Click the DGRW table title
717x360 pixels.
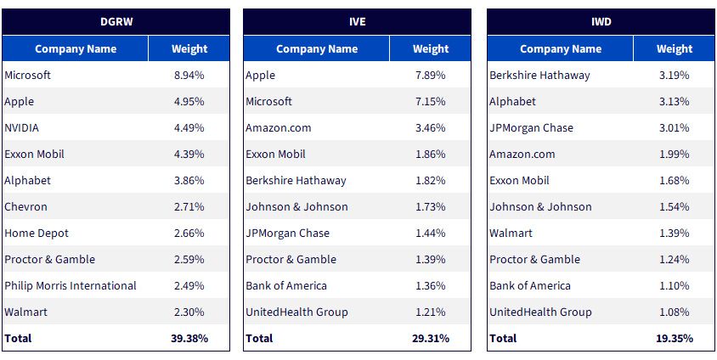pos(116,22)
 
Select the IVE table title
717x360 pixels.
pos(357,22)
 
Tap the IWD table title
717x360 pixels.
pos(601,22)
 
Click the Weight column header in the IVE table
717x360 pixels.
pos(431,49)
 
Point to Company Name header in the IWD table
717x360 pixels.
pos(561,49)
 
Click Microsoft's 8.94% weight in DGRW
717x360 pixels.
pos(189,76)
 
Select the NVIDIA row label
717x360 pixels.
pos(21,128)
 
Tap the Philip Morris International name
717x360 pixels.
pos(71,286)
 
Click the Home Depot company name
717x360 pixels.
pos(37,233)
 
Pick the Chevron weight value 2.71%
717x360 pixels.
pos(189,207)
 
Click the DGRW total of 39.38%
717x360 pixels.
pos(189,339)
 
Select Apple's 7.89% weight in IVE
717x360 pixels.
pos(431,76)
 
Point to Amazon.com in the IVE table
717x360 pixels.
pos(279,128)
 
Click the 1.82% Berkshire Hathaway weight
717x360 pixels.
pos(431,181)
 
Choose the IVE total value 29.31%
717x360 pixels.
pos(431,339)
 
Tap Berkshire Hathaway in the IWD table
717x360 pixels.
pos(539,76)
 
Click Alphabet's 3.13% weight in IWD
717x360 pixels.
pos(674,101)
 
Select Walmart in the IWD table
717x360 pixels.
pos(511,233)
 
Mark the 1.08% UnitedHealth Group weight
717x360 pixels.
pos(674,312)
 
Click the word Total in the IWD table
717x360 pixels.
pos(503,339)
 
